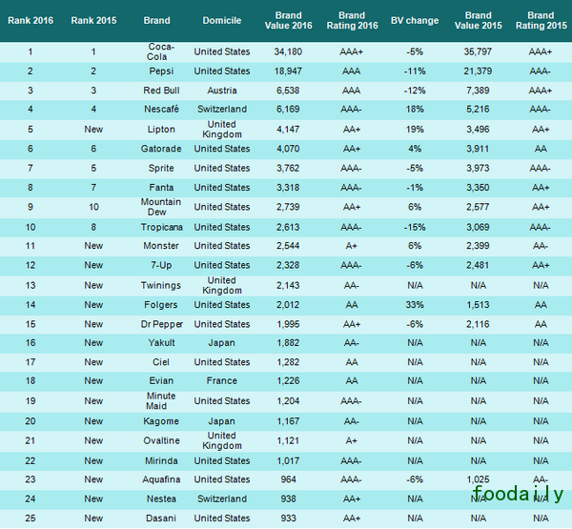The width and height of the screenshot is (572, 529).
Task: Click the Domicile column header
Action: (x=221, y=20)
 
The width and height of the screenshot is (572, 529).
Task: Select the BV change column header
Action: (x=415, y=20)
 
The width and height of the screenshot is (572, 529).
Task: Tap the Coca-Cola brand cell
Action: (x=160, y=51)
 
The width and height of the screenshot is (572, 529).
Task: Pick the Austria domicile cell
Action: (x=221, y=90)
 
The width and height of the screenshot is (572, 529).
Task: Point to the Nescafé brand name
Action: (x=160, y=109)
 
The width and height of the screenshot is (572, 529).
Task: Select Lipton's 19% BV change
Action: (x=415, y=129)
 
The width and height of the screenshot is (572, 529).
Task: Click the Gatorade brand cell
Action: (x=160, y=149)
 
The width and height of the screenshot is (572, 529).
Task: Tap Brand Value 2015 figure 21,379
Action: (x=480, y=71)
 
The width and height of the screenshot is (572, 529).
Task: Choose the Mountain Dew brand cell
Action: (x=160, y=207)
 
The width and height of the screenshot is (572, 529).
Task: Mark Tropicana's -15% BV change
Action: (x=415, y=227)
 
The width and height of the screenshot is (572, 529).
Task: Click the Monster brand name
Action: (x=160, y=246)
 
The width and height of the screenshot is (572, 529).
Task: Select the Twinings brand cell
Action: (x=160, y=285)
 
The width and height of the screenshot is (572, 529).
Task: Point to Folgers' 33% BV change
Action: (x=415, y=304)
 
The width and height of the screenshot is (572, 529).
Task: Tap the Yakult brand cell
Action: (x=160, y=343)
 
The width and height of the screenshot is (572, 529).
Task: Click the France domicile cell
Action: (x=221, y=381)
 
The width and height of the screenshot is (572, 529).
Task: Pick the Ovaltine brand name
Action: (x=160, y=440)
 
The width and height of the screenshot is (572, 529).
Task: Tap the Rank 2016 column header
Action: (x=30, y=20)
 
